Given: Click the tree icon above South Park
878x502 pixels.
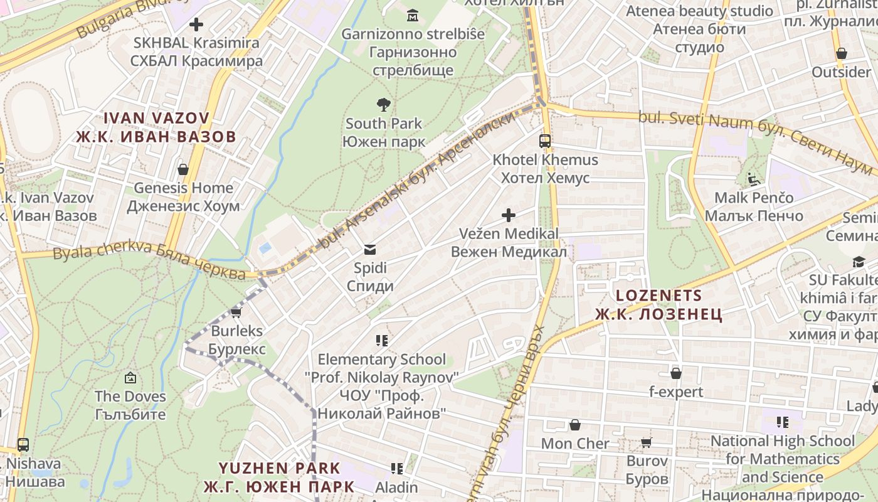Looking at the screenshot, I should (383, 104).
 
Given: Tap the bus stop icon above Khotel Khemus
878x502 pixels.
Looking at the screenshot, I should (544, 141).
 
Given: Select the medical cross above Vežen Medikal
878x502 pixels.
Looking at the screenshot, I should (509, 215).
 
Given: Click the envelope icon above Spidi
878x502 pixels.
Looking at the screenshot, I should (370, 250).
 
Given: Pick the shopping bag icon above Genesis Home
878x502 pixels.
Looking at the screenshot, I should (183, 169).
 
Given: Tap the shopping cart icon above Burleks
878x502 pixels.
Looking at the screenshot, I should (236, 312).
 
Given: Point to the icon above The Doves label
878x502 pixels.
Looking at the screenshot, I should (130, 378).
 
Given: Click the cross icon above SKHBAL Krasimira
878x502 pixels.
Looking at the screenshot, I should (196, 24).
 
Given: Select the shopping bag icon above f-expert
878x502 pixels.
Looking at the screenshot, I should (676, 373).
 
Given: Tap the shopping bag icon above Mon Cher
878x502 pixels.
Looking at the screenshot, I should (574, 425).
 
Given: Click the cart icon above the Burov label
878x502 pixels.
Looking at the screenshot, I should (647, 442).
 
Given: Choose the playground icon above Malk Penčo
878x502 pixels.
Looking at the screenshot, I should (753, 179).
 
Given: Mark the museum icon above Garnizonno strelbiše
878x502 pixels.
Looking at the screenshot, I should (413, 14).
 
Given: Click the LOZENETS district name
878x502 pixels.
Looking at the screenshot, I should (658, 295).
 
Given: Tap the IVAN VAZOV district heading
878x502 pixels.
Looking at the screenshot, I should (156, 118).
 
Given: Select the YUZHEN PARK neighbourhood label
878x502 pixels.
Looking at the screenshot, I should (279, 468).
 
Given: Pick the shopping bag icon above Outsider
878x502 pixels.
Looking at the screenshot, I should (842, 53).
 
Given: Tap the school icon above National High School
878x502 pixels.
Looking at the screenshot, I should (782, 422).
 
